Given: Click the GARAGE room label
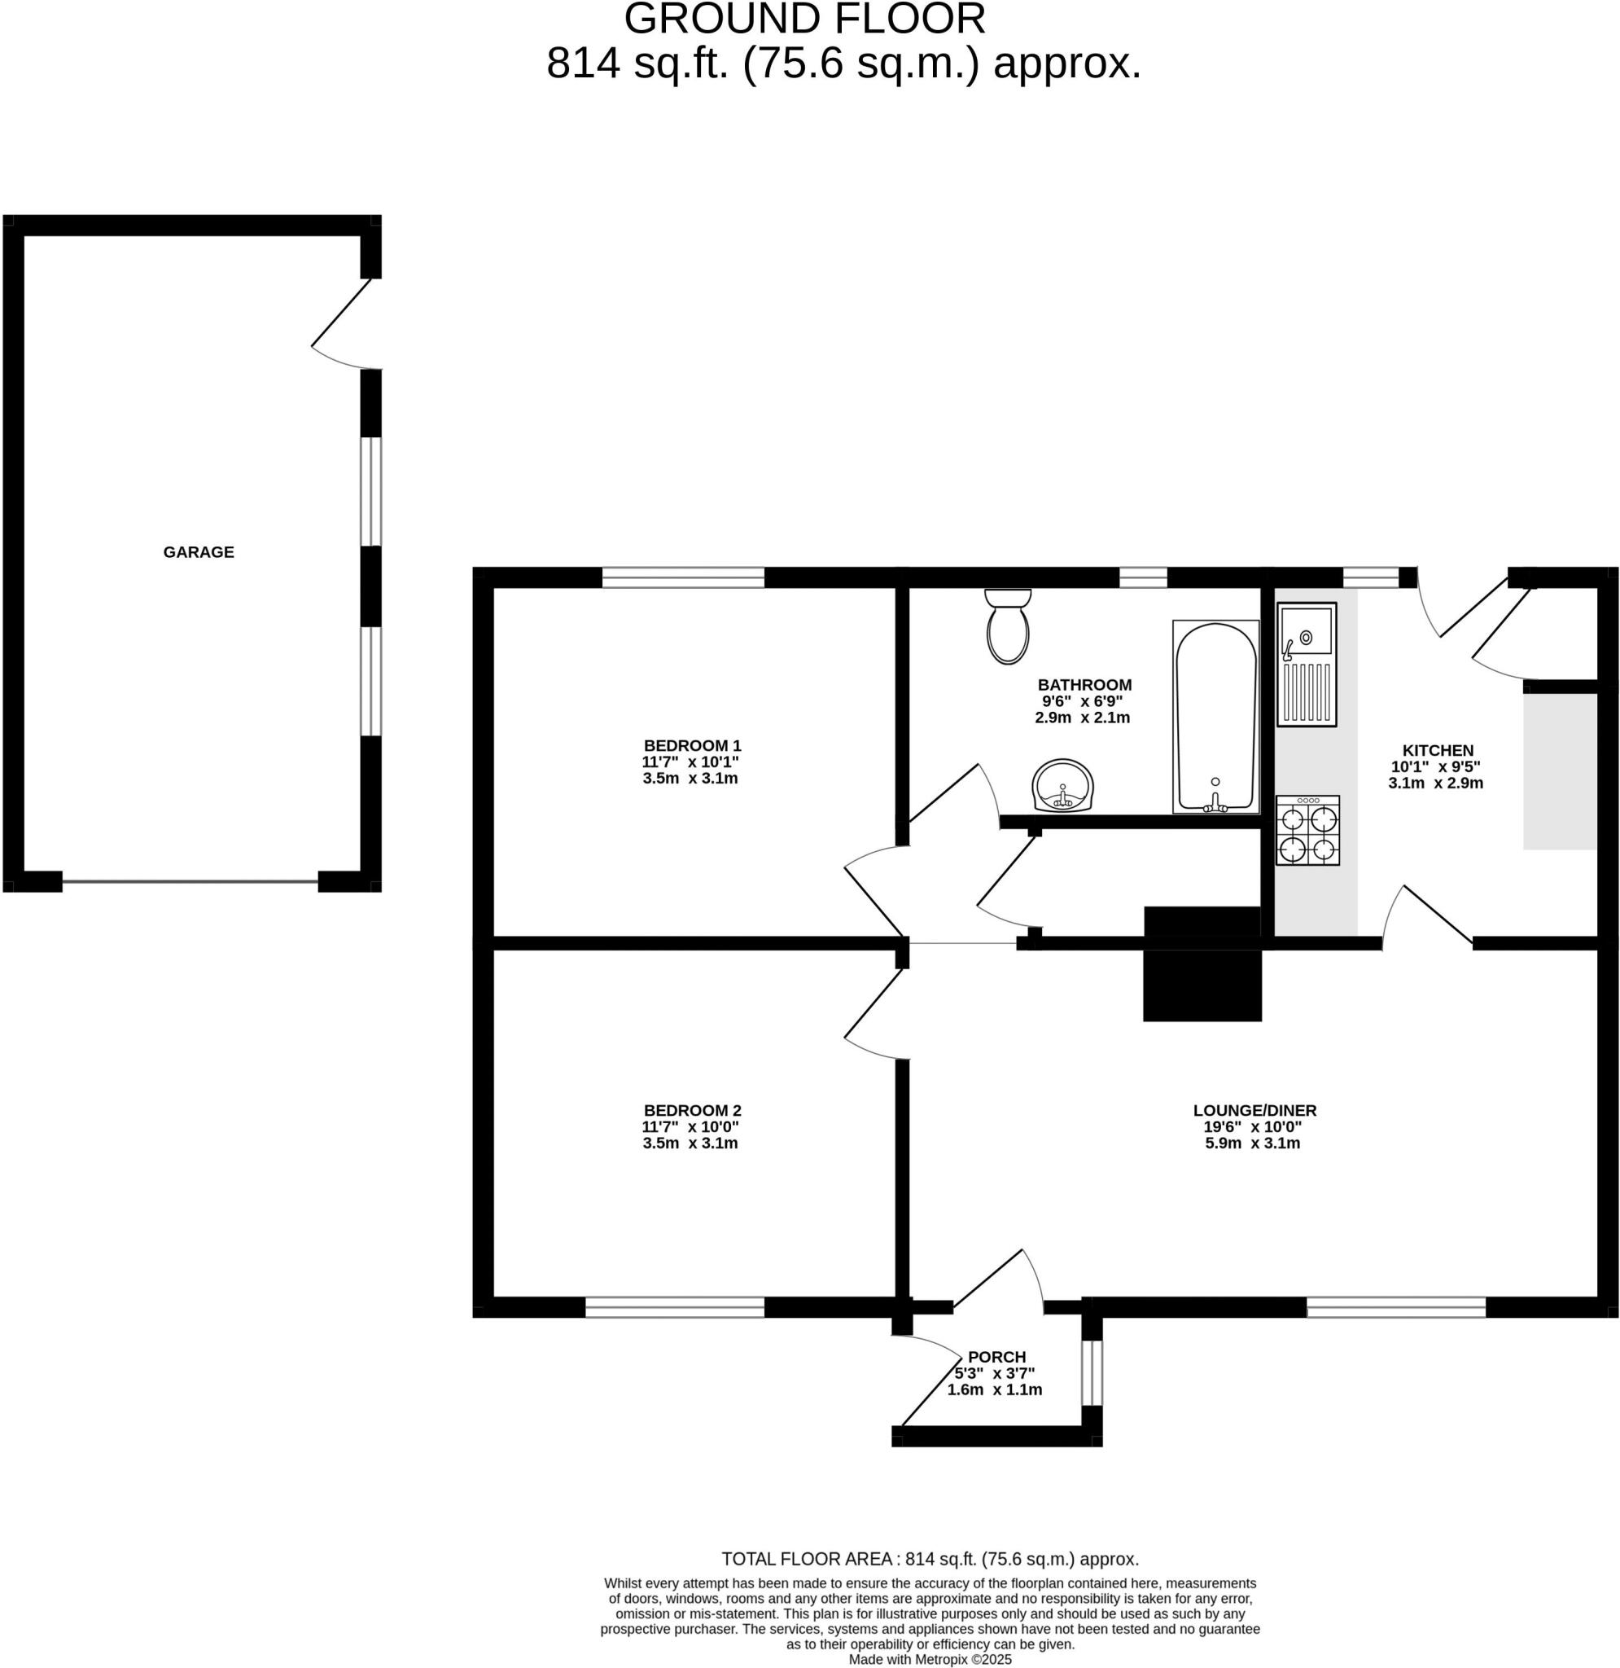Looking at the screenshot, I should pyautogui.click(x=199, y=551).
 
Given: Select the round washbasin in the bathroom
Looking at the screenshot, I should pyautogui.click(x=1062, y=784).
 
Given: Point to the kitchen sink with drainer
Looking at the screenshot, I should pyautogui.click(x=1306, y=665).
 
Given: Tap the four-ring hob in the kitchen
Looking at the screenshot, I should pyautogui.click(x=1307, y=831).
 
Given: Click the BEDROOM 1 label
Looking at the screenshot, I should pyautogui.click(x=692, y=745).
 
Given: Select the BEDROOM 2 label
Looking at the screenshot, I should pyautogui.click(x=692, y=1111).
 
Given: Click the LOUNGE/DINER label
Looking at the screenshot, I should pyautogui.click(x=1254, y=1111).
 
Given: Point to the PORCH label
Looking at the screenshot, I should pyautogui.click(x=996, y=1357).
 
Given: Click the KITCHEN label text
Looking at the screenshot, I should pyautogui.click(x=1437, y=751).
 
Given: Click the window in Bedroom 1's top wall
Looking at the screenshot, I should pyautogui.click(x=683, y=577).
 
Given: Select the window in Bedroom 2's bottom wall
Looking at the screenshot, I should pyautogui.click(x=675, y=1307).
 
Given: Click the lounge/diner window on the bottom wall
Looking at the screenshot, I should pyautogui.click(x=1395, y=1307).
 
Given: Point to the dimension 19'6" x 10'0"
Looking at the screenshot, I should pyautogui.click(x=1252, y=1126).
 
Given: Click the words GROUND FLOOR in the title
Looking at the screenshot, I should pyautogui.click(x=804, y=19).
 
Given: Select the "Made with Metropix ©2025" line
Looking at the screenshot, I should pyautogui.click(x=929, y=1660).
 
